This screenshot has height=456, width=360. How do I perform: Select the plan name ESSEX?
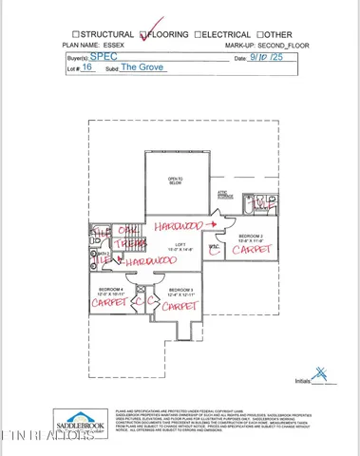[x=122, y=45]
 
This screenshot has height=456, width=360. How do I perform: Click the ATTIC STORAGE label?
[x=225, y=196]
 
